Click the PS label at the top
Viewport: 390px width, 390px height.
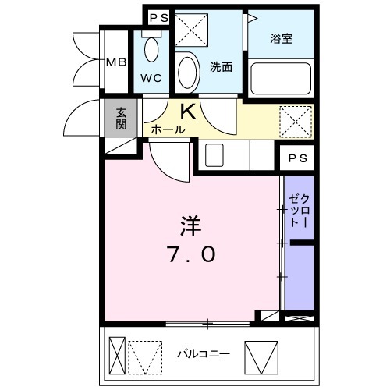[159, 18]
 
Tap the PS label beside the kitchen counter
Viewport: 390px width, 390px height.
[298, 158]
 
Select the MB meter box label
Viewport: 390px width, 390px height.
[117, 62]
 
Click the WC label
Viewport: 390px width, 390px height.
[151, 78]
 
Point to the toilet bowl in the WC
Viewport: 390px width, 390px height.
[151, 49]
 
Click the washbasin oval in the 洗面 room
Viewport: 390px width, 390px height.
[187, 72]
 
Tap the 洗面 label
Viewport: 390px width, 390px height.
[221, 67]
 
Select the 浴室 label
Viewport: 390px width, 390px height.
[282, 39]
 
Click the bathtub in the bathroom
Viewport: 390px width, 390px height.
[281, 79]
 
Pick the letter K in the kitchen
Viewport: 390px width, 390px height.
[188, 112]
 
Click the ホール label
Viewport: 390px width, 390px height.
[168, 129]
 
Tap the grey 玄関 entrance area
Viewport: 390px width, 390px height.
[121, 118]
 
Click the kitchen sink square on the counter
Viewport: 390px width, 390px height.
[214, 155]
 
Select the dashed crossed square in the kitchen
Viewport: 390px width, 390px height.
[296, 122]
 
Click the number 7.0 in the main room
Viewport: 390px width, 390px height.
[192, 254]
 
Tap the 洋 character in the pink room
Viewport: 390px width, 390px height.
[191, 226]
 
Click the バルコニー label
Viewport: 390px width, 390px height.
[204, 354]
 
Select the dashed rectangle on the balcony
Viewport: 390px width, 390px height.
[145, 357]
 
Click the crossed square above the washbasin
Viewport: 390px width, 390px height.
[192, 30]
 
